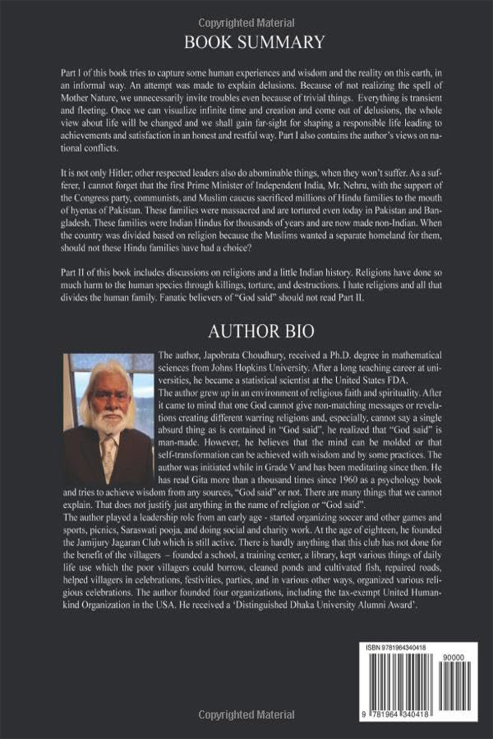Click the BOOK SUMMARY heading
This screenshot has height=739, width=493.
(x=254, y=42)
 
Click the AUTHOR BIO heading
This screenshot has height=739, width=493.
(x=261, y=331)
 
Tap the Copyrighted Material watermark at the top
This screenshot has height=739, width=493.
(x=246, y=23)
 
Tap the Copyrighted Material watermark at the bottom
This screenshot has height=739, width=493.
(x=246, y=714)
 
